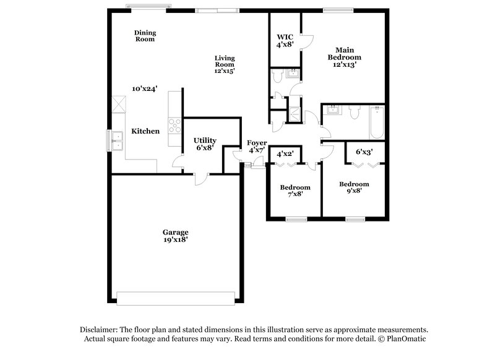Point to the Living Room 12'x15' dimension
click(x=224, y=71)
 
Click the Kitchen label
click(x=145, y=131)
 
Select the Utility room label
click(x=204, y=140)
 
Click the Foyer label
click(x=257, y=143)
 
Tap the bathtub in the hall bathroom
click(x=376, y=122)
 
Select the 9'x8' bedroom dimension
click(x=354, y=191)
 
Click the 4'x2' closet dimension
click(x=285, y=153)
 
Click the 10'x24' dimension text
click(x=144, y=88)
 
